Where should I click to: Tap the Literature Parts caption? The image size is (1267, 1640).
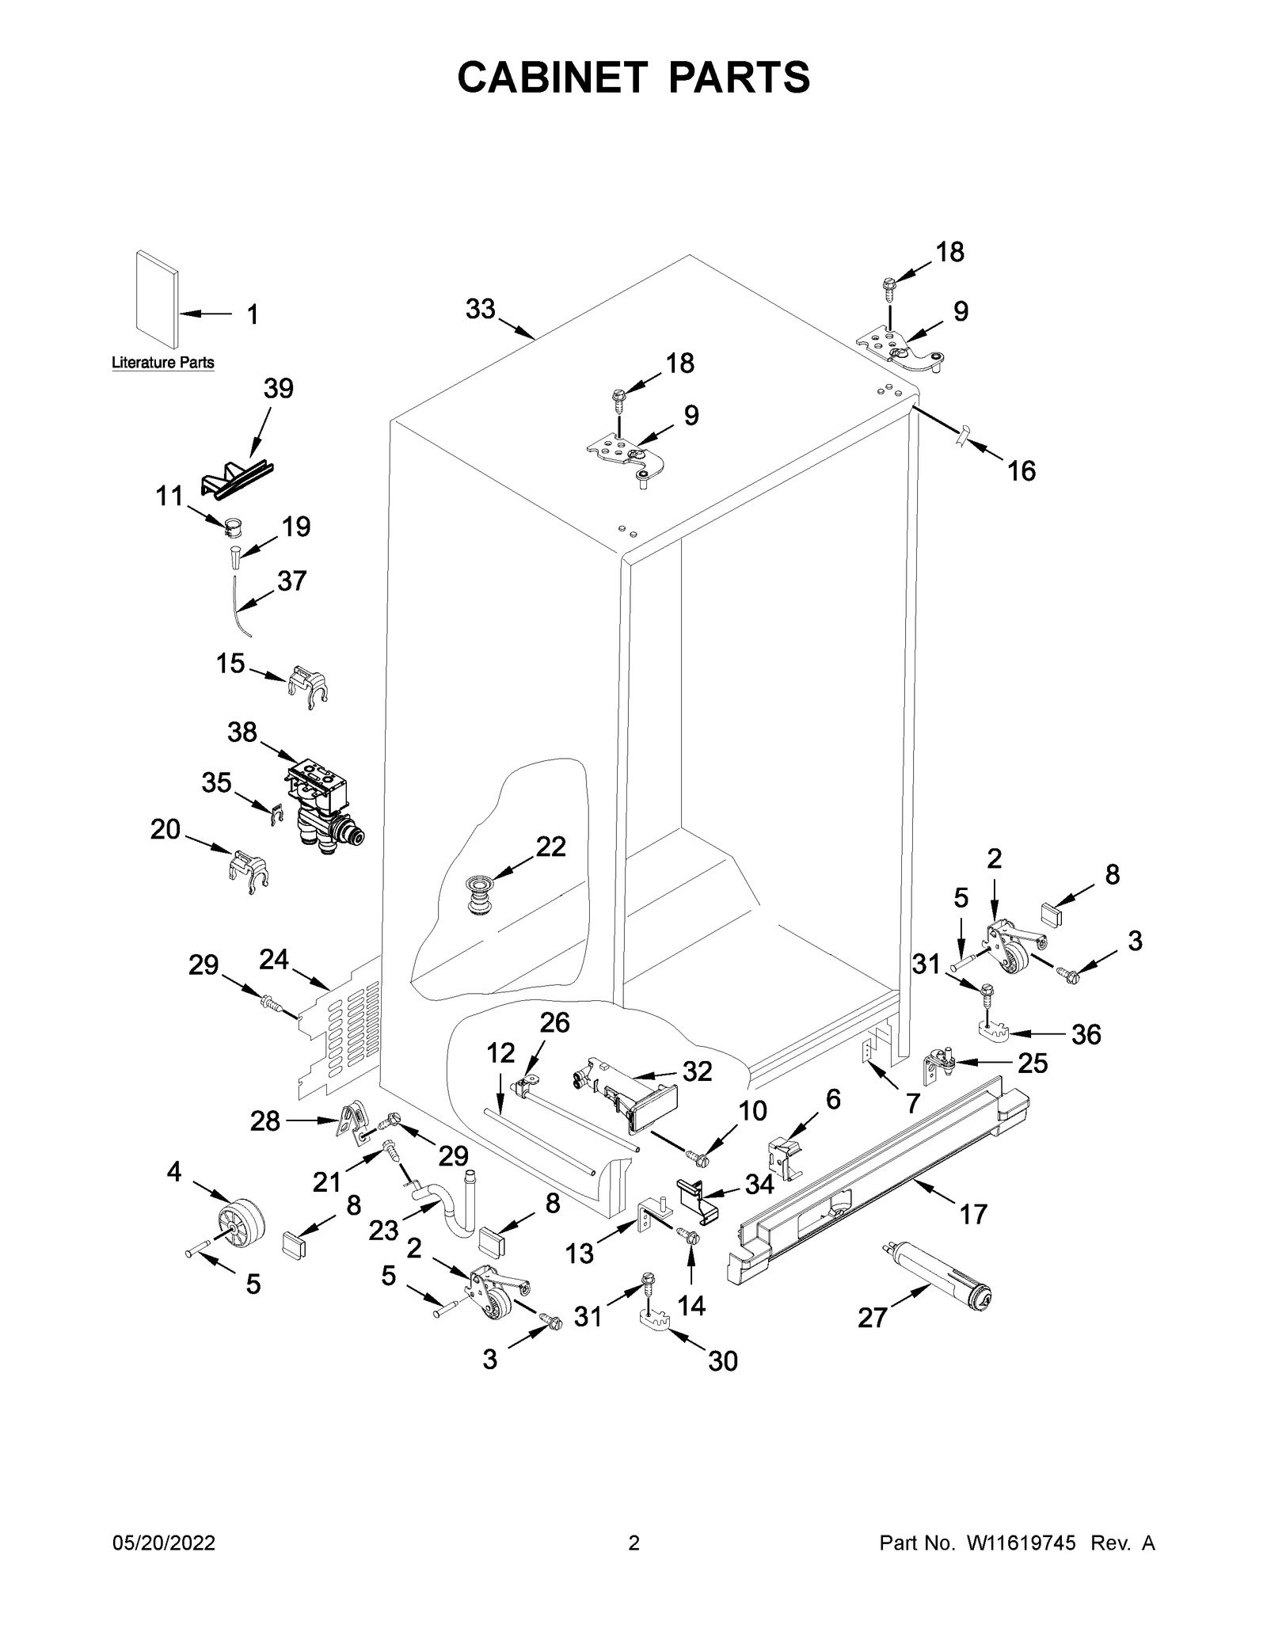162,363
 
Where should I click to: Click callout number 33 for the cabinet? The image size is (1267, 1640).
480,309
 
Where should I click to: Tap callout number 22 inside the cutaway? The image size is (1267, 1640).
550,847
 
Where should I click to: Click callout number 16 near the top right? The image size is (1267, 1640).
1021,471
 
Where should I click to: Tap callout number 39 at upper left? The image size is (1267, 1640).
278,389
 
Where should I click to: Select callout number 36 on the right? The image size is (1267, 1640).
1086,1034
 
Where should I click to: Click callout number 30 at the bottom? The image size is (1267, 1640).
722,1360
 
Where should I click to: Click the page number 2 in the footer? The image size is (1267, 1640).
633,1566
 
